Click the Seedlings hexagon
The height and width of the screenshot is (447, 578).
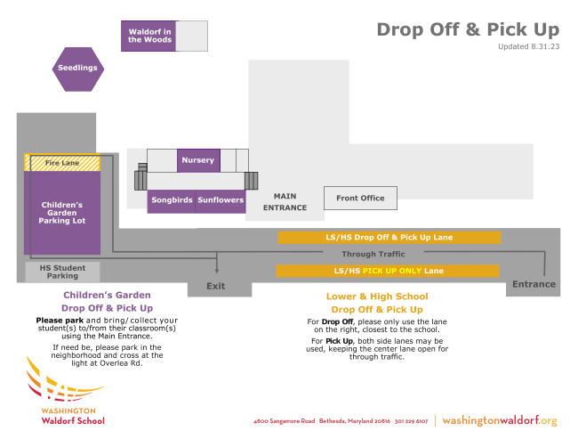click(78, 69)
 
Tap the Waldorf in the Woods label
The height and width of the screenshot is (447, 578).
click(149, 36)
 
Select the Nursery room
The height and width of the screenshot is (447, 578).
click(198, 160)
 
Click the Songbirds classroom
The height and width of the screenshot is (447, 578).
click(172, 201)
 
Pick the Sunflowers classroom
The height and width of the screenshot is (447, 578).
click(221, 201)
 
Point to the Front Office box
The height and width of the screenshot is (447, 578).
click(360, 199)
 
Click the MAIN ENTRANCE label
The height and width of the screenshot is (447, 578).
click(285, 202)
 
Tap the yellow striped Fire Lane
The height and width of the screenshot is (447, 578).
click(62, 163)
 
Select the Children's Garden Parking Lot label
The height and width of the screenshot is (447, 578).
click(62, 213)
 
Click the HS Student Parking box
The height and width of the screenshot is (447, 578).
click(62, 272)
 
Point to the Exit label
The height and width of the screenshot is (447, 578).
click(216, 286)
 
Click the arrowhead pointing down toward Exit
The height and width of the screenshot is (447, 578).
click(217, 272)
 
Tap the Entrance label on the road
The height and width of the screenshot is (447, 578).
click(534, 284)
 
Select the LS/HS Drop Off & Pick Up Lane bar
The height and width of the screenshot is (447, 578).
click(389, 238)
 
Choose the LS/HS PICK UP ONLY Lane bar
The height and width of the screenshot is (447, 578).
click(388, 271)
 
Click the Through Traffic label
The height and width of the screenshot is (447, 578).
click(373, 254)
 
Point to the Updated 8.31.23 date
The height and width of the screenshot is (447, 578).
click(528, 46)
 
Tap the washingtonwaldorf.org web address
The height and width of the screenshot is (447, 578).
click(500, 421)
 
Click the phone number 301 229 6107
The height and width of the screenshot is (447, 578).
click(411, 421)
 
